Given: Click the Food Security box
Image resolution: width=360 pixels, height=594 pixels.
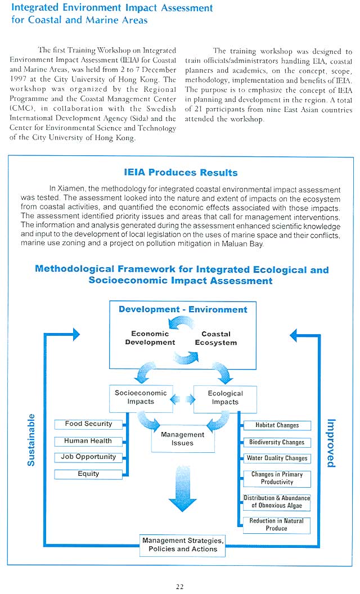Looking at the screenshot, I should (88, 425).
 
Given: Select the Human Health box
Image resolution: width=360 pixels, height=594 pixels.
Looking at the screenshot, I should (88, 442).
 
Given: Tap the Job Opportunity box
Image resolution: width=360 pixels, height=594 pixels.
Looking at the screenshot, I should (88, 457).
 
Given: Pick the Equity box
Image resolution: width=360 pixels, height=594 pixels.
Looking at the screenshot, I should (88, 474).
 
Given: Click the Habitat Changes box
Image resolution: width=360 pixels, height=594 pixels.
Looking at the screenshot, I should (277, 426).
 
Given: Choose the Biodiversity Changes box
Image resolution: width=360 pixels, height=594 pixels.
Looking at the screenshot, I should (277, 443).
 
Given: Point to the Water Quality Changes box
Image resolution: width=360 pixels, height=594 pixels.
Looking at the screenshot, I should (277, 458).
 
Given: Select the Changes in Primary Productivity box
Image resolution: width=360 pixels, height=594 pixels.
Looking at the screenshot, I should (277, 479).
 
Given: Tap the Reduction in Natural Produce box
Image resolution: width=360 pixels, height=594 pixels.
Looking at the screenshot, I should (277, 525).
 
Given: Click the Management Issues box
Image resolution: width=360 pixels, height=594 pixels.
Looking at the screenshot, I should (183, 439).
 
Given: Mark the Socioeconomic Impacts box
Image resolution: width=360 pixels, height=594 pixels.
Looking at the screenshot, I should (141, 398).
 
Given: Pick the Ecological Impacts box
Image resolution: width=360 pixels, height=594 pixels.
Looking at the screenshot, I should (225, 398).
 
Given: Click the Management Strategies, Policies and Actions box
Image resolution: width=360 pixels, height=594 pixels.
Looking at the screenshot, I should (183, 545).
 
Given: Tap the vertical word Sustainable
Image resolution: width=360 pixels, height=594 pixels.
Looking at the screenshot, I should (31, 440).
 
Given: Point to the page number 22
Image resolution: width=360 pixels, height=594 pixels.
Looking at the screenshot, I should (179, 587).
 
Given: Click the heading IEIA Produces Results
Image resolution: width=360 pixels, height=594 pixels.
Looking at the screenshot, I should (181, 173).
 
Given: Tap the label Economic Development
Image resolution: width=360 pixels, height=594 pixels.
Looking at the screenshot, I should (150, 338).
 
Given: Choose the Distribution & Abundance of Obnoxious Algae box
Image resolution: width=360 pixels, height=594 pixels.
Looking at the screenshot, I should (277, 502).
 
